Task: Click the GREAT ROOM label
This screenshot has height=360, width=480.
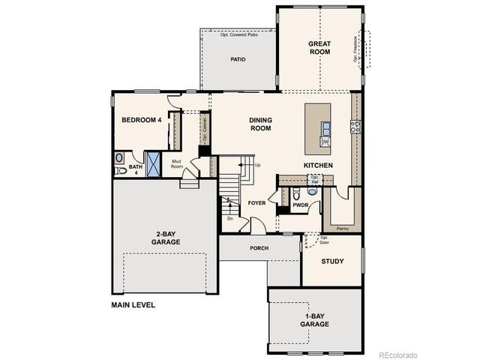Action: (319, 48)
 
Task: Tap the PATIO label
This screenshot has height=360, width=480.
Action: (238, 58)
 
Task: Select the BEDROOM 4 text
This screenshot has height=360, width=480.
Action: (142, 120)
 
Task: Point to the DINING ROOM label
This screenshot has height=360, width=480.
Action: (260, 124)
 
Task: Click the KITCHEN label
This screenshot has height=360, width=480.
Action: (318, 165)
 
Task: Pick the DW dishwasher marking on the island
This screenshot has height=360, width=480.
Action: (325, 142)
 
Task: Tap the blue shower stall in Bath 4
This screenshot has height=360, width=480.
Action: (154, 163)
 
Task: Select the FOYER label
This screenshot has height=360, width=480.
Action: (256, 202)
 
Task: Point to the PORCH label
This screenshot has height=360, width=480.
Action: (259, 247)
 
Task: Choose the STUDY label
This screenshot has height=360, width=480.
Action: (332, 262)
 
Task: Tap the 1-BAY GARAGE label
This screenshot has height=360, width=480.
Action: (314, 319)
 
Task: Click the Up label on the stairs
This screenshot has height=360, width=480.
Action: (258, 165)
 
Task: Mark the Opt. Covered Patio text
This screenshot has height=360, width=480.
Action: (238, 34)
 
